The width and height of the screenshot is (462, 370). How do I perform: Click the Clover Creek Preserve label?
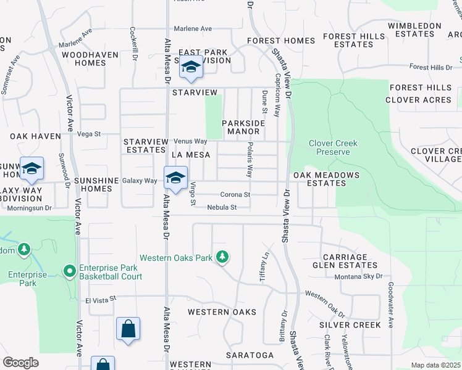(333, 147)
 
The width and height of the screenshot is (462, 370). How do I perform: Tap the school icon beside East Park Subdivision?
(191, 67)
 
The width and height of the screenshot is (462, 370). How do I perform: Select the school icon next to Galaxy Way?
(175, 178)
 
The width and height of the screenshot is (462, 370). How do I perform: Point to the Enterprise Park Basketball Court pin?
(70, 271)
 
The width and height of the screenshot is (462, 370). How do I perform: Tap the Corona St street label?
(235, 195)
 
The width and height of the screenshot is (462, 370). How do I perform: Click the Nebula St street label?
(222, 208)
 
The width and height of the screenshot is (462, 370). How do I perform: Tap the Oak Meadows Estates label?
(326, 179)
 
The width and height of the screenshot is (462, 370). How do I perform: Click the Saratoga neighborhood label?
(250, 355)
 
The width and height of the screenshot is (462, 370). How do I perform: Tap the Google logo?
(20, 363)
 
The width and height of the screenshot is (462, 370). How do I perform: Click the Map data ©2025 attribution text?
(435, 365)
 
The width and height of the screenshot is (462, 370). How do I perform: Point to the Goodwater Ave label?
(390, 297)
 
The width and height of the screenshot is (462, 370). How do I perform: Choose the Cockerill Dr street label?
(133, 39)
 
